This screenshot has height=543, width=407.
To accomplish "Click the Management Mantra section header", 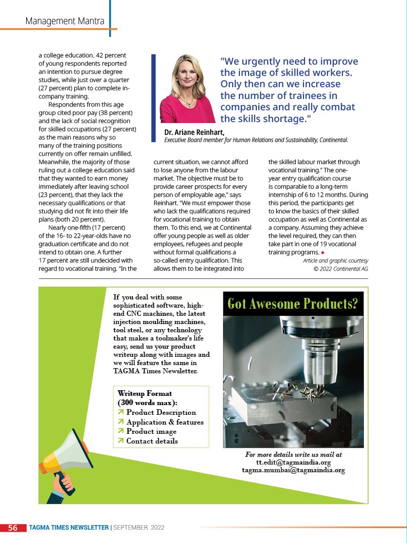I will (65, 21).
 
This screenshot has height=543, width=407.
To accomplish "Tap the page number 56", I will (13, 528).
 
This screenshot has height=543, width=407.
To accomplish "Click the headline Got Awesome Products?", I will (293, 304).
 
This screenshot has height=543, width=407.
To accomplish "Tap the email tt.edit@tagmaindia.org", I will (293, 462).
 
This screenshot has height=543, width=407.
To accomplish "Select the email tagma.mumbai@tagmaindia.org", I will (293, 470).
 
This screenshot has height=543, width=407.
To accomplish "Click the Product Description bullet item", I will (161, 412).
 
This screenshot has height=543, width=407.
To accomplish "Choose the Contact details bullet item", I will (152, 441).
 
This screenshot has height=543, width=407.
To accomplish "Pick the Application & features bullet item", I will (165, 422).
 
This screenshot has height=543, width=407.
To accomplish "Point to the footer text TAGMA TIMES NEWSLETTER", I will (69, 528).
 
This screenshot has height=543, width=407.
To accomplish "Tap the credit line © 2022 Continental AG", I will (340, 269).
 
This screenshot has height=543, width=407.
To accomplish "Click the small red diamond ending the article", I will (322, 253).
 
